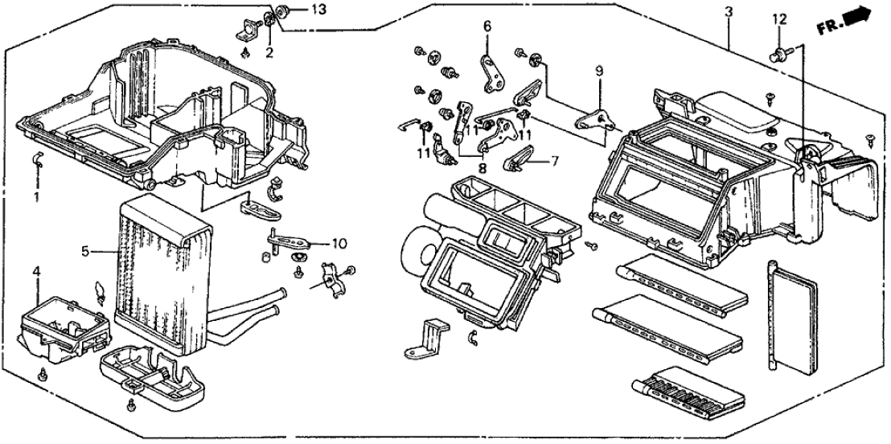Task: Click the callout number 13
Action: point(297,10)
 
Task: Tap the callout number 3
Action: point(728,11)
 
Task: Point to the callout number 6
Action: point(487,27)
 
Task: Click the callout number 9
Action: point(598,72)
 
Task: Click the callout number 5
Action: point(84,252)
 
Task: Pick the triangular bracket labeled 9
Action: point(596,120)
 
